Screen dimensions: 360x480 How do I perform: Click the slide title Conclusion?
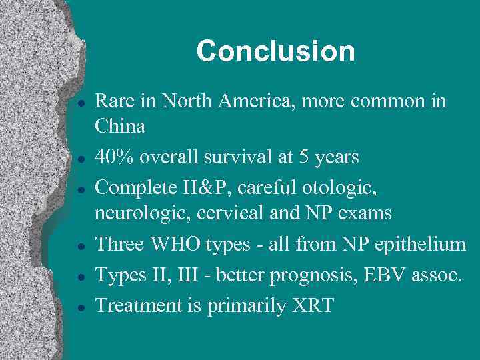click(275, 51)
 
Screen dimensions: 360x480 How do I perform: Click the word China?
click(120, 125)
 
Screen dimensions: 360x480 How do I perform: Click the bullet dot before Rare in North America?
click(79, 104)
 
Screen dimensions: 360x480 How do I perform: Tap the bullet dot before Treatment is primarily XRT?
click(79, 309)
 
